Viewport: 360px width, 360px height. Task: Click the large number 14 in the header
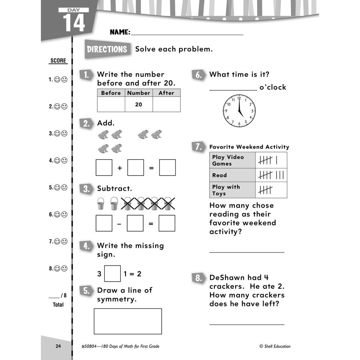(74, 23)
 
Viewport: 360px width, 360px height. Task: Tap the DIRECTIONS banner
(107, 49)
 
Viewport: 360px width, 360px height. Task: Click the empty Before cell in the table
(111, 104)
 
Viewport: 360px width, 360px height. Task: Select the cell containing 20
(138, 104)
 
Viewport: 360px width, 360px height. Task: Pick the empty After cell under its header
(166, 104)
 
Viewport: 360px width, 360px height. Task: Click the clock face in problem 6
(239, 111)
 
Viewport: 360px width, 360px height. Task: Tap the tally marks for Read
(271, 175)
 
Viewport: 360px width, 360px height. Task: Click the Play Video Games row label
(232, 160)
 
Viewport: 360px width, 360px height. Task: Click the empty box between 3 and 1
(112, 274)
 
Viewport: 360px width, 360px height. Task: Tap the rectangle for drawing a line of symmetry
(128, 321)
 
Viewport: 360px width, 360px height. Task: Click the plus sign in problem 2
(120, 168)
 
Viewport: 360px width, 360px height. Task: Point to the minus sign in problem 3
(119, 224)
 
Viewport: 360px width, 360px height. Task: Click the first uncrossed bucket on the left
(101, 204)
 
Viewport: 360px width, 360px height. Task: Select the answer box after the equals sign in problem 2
(167, 168)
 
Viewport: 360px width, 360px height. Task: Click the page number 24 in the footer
(58, 346)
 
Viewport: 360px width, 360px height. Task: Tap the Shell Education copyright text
(274, 346)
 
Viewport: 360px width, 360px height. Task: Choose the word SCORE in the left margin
(58, 61)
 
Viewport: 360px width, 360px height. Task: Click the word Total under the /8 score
(58, 305)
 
